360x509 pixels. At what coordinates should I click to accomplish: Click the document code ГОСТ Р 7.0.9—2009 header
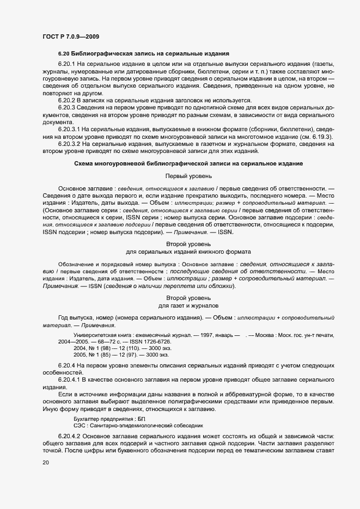[70, 36]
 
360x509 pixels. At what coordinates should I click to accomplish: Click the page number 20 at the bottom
[46, 463]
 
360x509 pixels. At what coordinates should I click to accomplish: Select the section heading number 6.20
[65, 53]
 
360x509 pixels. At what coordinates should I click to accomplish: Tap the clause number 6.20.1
[68, 65]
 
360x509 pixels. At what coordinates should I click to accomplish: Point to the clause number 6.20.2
[68, 100]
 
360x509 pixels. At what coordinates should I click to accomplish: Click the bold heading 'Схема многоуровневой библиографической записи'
[188, 164]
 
